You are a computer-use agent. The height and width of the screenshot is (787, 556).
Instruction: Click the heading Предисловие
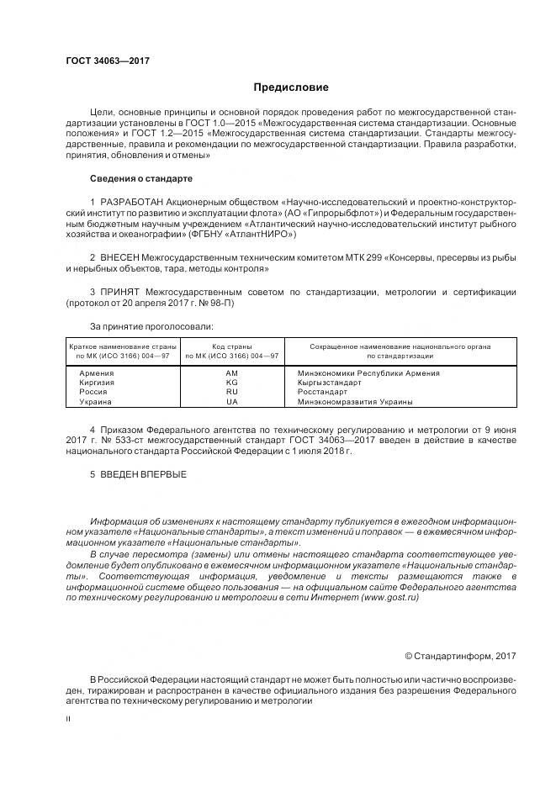290,87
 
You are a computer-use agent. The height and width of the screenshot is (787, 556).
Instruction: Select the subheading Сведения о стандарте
140,179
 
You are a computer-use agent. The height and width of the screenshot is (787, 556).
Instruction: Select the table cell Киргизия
97,383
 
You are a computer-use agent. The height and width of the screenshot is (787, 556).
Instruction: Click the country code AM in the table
233,372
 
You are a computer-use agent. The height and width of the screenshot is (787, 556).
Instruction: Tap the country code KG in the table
233,383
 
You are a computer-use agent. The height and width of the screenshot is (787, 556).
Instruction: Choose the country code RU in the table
233,392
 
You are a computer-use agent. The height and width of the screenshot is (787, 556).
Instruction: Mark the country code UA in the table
233,402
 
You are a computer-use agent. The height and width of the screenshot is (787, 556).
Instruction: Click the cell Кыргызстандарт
329,383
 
